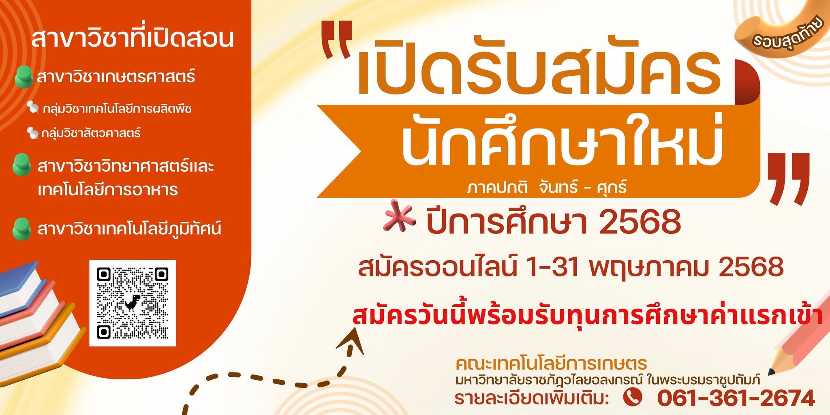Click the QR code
(x=133, y=303)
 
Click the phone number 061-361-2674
(x=736, y=398)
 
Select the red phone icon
(x=632, y=397)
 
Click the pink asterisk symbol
(x=400, y=216)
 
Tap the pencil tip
(x=771, y=372)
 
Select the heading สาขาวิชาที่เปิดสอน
(x=133, y=38)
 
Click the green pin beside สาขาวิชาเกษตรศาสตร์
(x=24, y=77)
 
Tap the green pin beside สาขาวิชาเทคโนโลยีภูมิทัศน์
(x=22, y=229)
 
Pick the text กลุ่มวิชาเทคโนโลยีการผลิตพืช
(x=117, y=109)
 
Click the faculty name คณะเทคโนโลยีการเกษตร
(x=551, y=364)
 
